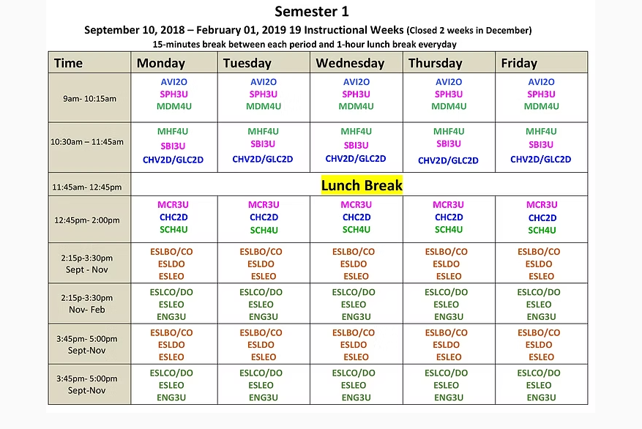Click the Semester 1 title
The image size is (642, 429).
(312, 11)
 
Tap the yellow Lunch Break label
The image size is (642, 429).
(362, 185)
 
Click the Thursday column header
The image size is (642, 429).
(436, 63)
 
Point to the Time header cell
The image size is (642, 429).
(69, 63)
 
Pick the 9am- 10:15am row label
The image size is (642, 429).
(90, 98)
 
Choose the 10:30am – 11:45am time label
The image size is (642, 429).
(87, 142)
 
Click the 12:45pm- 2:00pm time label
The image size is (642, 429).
(87, 220)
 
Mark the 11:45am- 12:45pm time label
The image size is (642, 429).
(87, 187)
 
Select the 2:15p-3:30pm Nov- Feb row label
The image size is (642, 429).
(87, 304)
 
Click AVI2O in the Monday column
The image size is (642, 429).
(175, 82)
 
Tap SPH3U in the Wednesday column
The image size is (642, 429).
(356, 94)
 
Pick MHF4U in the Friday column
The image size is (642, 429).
(541, 132)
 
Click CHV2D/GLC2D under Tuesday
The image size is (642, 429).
(263, 159)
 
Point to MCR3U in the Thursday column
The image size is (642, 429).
(449, 205)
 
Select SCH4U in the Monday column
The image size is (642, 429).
(173, 230)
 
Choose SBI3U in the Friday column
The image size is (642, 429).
(541, 145)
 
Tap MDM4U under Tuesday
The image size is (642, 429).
(264, 107)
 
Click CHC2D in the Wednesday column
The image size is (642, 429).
(357, 217)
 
